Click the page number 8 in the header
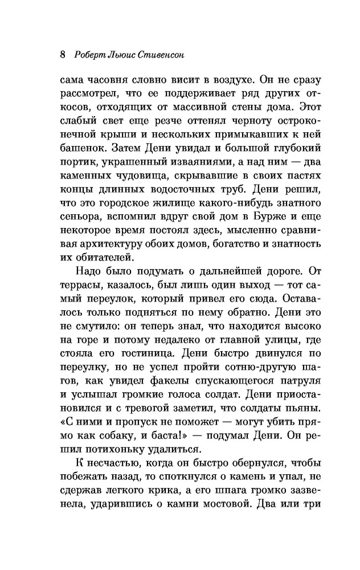pos(63,55)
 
